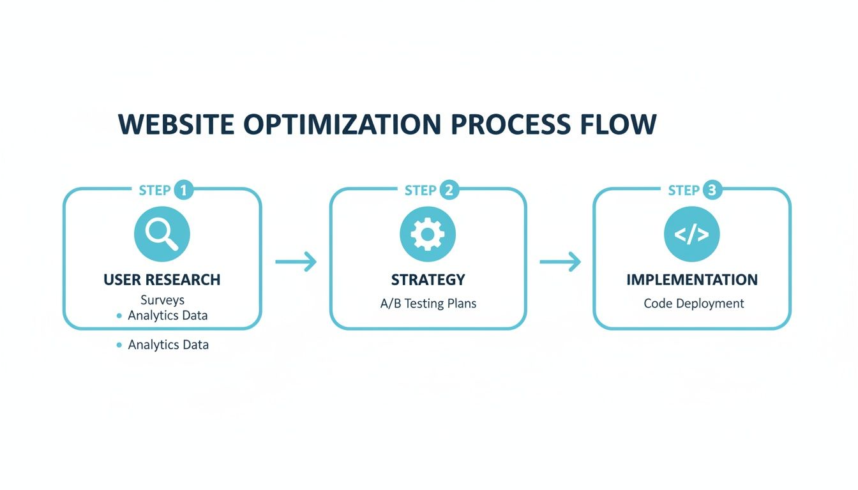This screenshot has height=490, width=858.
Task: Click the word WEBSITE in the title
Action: tap(176, 124)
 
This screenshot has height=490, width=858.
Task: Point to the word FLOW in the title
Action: tap(617, 124)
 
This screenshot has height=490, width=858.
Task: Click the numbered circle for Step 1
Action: tap(183, 190)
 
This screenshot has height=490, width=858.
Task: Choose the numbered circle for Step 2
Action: tap(449, 190)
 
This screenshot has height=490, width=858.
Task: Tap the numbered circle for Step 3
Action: tap(712, 190)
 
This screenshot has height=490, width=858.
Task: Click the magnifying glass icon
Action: tap(162, 234)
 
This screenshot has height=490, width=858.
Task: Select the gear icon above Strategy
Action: tap(427, 234)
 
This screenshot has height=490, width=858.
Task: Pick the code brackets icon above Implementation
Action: tap(691, 234)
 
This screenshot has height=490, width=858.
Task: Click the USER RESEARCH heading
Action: tap(162, 279)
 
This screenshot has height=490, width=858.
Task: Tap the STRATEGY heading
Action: tap(428, 279)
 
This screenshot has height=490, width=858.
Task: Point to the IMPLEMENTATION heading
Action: tap(692, 279)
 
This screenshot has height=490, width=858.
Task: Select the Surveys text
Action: tap(162, 300)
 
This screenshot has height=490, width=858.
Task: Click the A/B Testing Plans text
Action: tap(428, 303)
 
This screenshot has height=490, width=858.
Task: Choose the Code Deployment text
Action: tap(693, 303)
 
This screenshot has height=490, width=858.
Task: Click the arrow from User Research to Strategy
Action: tap(296, 262)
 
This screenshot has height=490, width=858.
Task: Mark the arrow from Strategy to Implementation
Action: tap(560, 262)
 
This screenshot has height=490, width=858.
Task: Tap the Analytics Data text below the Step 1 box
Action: tap(168, 345)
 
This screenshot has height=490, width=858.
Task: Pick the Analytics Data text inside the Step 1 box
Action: tap(167, 315)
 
